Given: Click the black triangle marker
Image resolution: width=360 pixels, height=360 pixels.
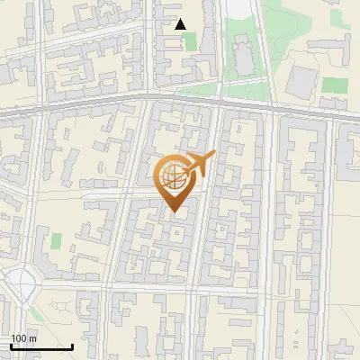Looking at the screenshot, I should click(181, 24).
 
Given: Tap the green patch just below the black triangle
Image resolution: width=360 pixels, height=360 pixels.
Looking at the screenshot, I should click(191, 42).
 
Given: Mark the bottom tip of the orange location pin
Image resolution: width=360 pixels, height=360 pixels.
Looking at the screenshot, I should click(174, 211).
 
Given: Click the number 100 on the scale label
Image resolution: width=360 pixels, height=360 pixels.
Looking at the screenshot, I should click(19, 338).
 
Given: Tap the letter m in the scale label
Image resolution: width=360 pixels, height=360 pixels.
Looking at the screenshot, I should click(32, 338).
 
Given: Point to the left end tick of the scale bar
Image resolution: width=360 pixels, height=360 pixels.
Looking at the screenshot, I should click(11, 346).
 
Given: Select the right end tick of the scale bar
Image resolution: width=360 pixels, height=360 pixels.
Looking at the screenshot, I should click(73, 346).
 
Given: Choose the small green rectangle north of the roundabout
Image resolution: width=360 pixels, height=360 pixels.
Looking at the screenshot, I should click(56, 241).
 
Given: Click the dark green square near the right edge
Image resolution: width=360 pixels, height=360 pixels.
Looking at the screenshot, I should click(335, 85).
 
